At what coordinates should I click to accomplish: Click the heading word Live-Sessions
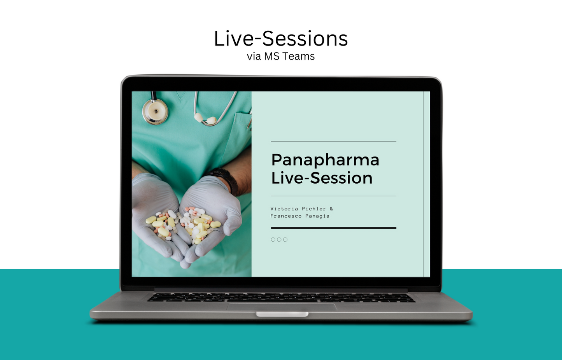281,39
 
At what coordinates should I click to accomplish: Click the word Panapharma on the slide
325,160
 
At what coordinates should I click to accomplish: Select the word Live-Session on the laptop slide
322,178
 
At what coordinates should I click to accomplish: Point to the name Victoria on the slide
284,209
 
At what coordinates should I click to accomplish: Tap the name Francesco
286,216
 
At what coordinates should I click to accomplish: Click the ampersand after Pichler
331,209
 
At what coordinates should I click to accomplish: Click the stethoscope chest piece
155,111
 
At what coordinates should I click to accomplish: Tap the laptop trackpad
282,306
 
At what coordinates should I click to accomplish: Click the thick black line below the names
333,228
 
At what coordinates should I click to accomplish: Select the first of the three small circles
273,240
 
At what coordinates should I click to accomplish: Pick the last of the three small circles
285,240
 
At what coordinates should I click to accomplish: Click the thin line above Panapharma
333,141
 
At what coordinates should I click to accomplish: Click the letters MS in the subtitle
271,56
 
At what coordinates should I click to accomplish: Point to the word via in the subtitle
254,56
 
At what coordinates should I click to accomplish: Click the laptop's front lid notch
282,314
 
